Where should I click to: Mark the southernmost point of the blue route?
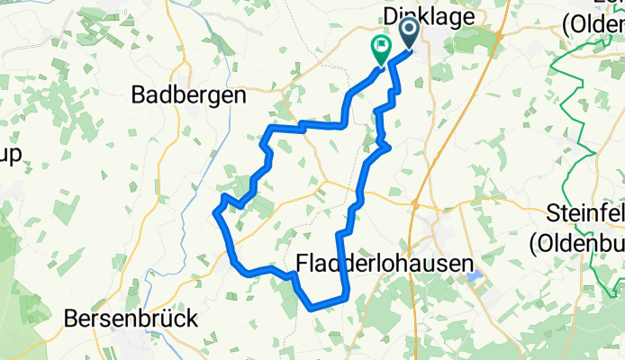(312, 309)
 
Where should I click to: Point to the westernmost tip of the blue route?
(214, 212)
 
